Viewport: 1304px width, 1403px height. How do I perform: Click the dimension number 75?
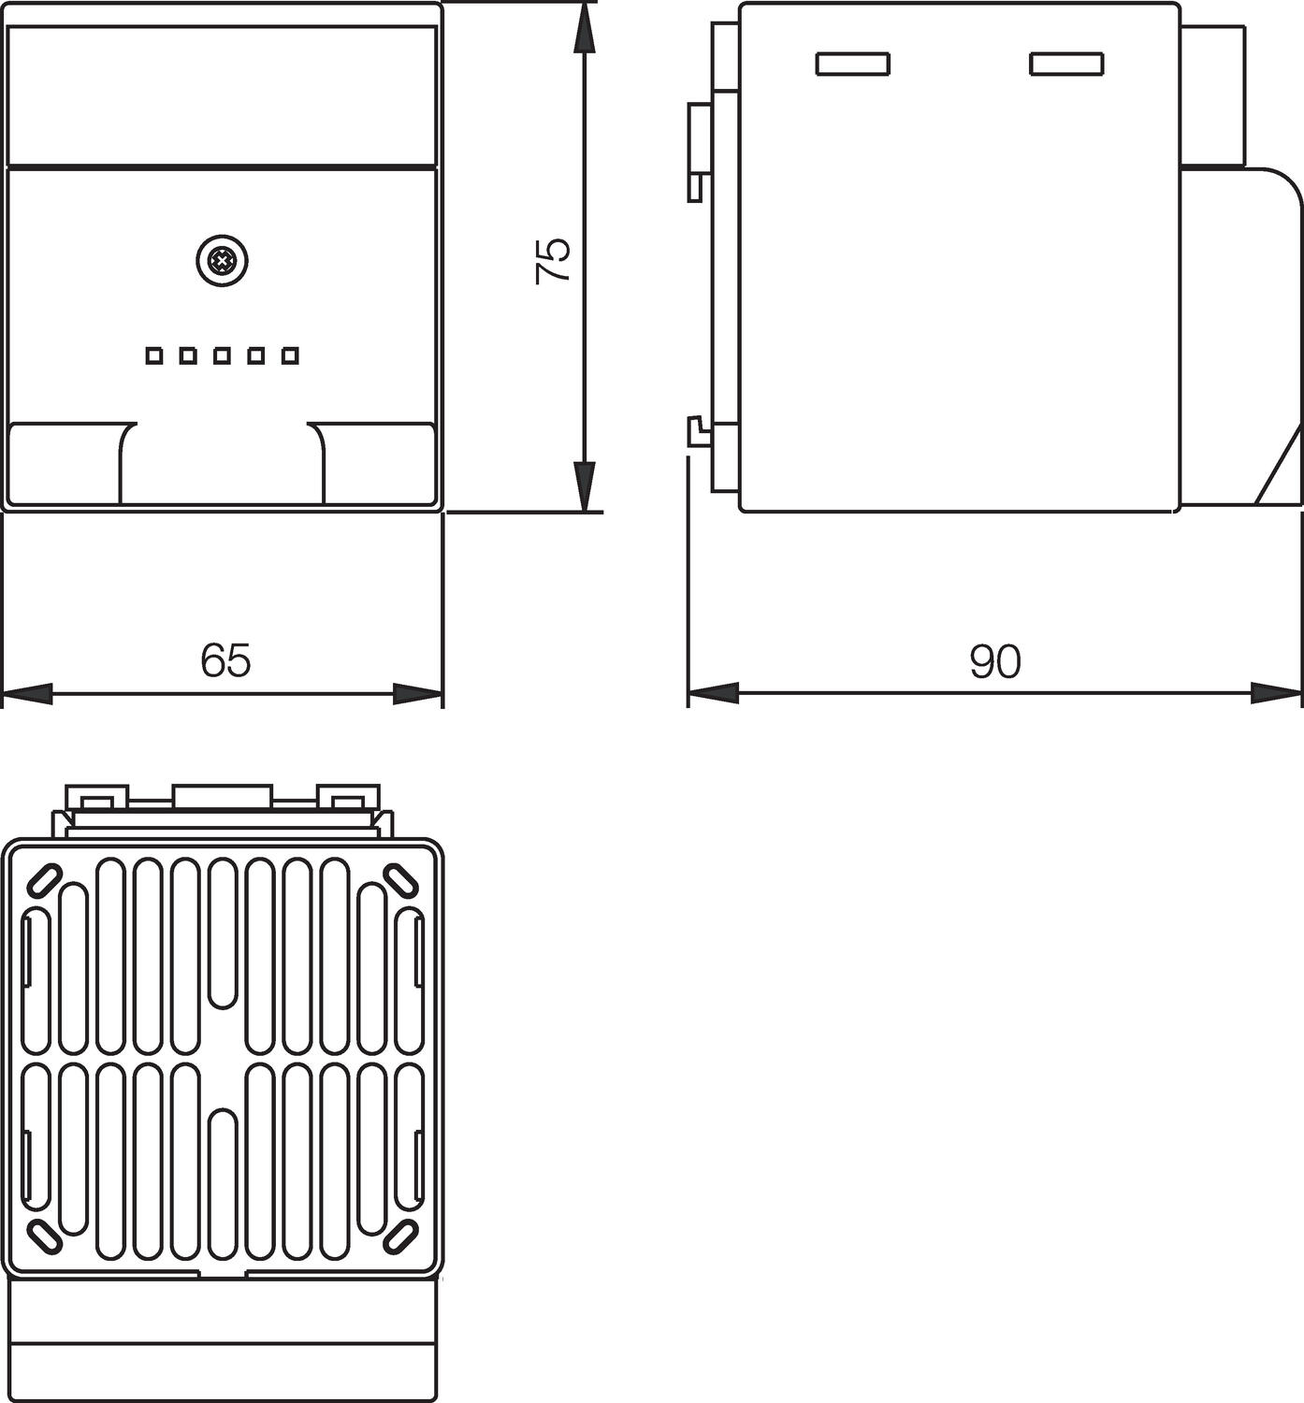point(554,261)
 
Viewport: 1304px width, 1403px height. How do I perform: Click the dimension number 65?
point(225,659)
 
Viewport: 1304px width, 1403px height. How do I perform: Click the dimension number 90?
point(995,661)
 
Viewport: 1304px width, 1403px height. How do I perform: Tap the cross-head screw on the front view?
point(222,262)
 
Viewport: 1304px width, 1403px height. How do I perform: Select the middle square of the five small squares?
point(222,355)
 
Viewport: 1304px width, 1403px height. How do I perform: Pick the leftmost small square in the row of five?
point(154,355)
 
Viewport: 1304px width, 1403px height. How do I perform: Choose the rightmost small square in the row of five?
point(290,355)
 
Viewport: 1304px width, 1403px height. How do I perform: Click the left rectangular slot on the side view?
point(852,64)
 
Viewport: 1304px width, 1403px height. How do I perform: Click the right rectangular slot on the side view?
point(1066,64)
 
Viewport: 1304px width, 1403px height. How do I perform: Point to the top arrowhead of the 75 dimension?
point(583,27)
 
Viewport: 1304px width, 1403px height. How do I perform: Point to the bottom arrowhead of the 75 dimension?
point(583,486)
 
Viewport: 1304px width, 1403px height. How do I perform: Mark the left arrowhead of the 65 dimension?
point(28,694)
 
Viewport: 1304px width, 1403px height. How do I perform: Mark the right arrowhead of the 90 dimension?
point(1277,694)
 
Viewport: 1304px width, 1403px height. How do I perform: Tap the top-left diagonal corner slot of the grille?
point(44,881)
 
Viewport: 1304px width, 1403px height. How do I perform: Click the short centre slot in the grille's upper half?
point(224,933)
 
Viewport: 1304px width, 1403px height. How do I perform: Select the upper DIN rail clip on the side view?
point(699,152)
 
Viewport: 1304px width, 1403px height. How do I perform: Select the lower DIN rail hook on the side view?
point(700,431)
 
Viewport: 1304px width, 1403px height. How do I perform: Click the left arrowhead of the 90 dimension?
point(714,694)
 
